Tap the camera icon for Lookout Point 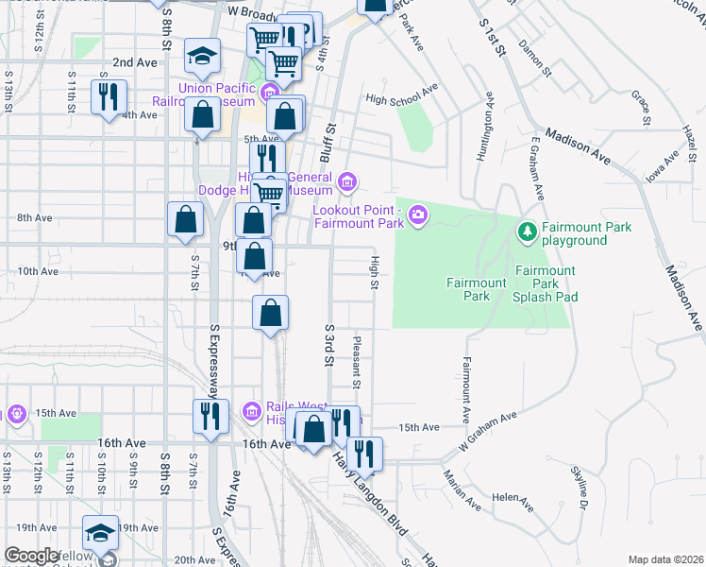(x=417, y=217)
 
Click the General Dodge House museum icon (x=346, y=180)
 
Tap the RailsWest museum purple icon (x=251, y=410)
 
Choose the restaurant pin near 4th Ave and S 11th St (x=107, y=94)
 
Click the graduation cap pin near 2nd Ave (x=202, y=56)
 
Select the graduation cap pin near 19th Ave (x=99, y=533)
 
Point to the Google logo (x=31, y=556)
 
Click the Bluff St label (x=331, y=141)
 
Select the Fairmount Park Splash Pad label (x=545, y=283)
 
